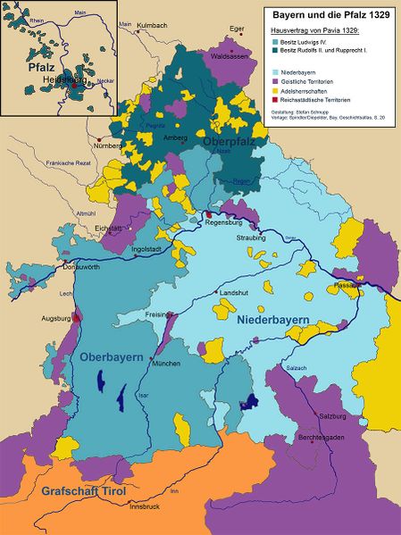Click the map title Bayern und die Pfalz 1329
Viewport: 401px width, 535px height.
coord(329,15)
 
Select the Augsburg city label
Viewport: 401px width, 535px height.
coord(56,318)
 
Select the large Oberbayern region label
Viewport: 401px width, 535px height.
coord(112,358)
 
